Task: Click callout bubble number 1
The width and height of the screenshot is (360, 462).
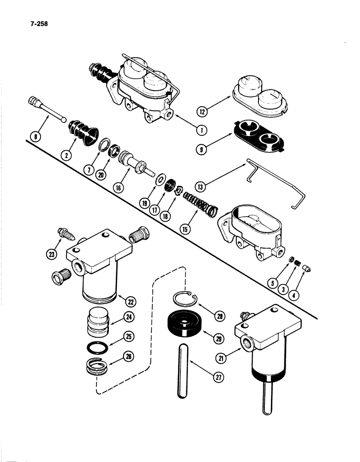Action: pyautogui.click(x=201, y=130)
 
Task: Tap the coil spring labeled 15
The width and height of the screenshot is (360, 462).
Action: pyautogui.click(x=200, y=203)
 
